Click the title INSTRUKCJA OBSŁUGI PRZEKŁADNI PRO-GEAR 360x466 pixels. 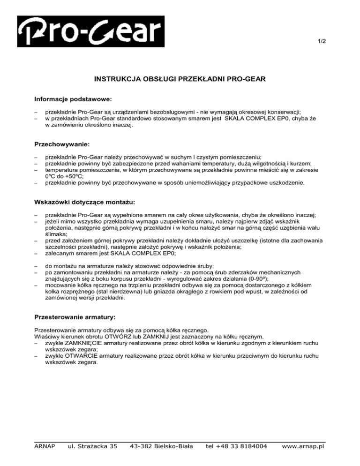[180, 80]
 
